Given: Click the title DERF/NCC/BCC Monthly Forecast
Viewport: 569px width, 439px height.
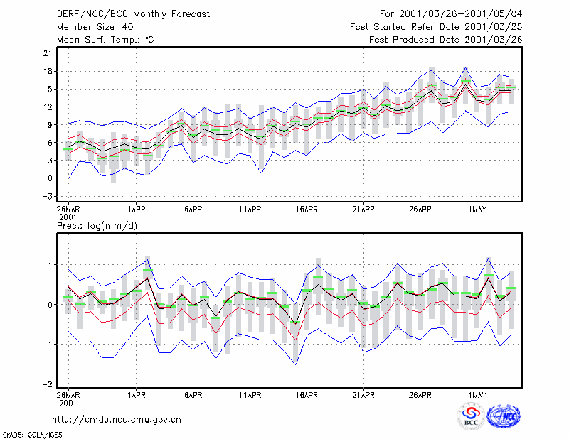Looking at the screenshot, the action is click(133, 14).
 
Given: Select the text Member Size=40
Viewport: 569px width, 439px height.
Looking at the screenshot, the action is click(95, 27).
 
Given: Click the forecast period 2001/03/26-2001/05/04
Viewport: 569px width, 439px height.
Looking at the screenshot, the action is click(460, 14).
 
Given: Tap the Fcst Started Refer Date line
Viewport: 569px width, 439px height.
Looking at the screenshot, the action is click(436, 27).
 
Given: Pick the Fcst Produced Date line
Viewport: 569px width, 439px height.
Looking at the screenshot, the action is click(446, 40).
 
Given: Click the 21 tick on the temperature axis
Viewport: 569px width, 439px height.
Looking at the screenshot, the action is click(48, 53).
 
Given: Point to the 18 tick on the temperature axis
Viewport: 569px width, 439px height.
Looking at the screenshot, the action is click(48, 71).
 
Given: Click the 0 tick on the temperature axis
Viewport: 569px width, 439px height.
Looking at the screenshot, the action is click(50, 178).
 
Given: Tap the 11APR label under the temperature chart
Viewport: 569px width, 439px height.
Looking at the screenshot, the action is click(250, 210).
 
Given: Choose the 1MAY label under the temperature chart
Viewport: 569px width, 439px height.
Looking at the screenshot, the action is click(477, 210).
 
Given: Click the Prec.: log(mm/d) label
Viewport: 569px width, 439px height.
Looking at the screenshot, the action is click(97, 226).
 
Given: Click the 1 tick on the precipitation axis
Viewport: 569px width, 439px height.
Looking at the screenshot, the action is click(50, 265).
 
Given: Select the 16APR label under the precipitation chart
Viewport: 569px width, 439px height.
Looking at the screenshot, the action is click(307, 395).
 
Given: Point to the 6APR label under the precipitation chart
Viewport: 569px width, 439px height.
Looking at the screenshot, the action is click(193, 395).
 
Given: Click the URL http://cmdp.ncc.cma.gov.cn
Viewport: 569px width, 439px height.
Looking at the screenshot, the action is click(117, 420).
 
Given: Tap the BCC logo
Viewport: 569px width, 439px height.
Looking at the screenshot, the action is click(471, 417).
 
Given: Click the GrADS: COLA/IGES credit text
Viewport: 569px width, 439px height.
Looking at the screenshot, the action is click(32, 435).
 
